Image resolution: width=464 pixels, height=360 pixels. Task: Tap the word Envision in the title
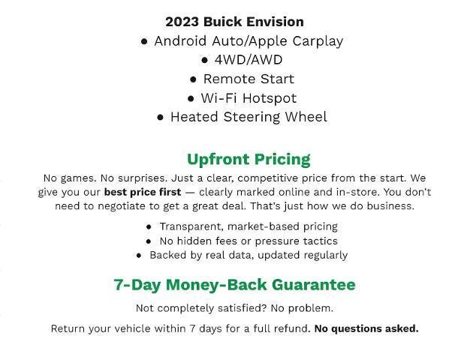point(275,22)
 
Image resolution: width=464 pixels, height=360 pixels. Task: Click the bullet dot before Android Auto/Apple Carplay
point(144,41)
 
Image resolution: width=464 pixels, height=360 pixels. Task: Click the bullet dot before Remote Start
point(194,79)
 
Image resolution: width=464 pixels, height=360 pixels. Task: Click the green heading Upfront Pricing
point(248,159)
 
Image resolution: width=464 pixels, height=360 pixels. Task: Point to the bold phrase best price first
point(143,192)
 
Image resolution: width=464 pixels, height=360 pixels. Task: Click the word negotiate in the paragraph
point(122,205)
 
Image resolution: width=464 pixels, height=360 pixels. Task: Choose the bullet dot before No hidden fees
point(149,241)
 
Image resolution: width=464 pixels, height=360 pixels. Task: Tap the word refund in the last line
point(290,328)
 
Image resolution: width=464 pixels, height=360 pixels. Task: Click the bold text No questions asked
point(366,328)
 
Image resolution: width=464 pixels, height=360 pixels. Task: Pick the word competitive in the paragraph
point(254,178)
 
